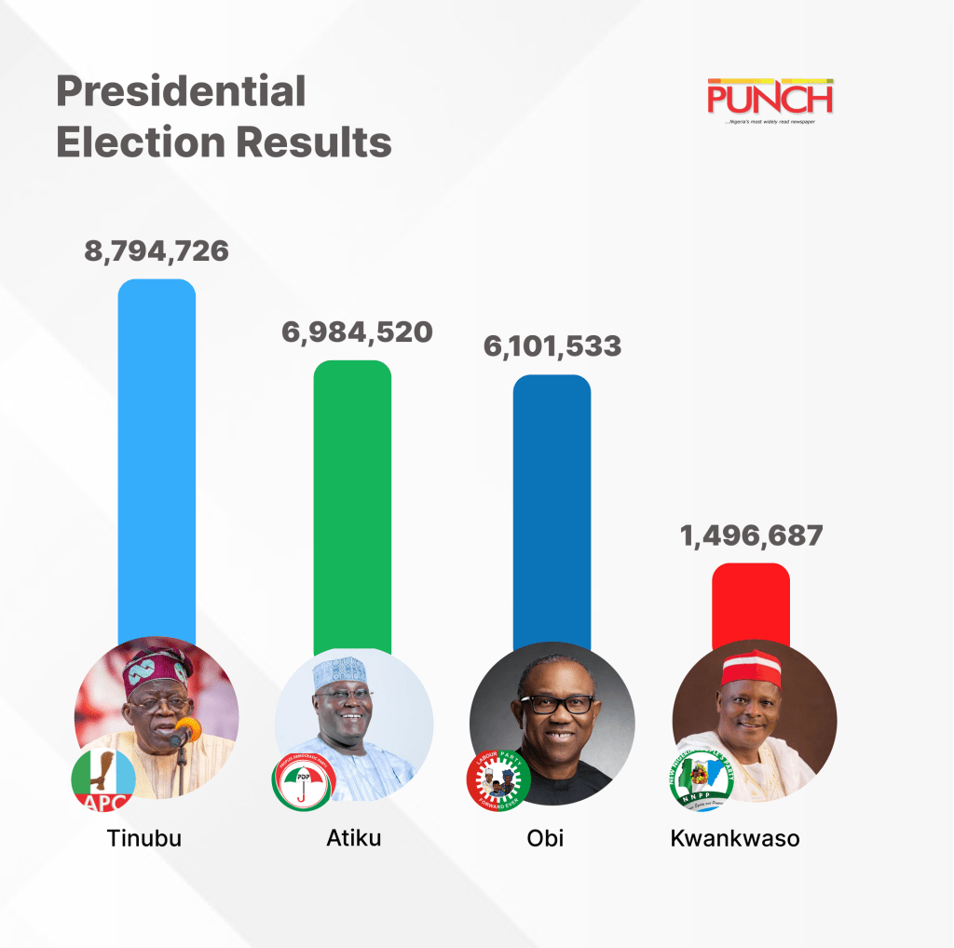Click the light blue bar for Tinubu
[157, 456]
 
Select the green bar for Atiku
[352, 503]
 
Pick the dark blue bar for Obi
[552, 508]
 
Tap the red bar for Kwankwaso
[750, 605]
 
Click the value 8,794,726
[157, 251]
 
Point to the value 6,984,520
[357, 332]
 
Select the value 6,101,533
[552, 346]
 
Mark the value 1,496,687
[750, 535]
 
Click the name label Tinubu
[143, 837]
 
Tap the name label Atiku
[354, 837]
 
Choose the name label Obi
[545, 837]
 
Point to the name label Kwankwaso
[735, 837]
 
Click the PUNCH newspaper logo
[770, 100]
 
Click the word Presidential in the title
[181, 91]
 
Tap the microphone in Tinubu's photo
[184, 734]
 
